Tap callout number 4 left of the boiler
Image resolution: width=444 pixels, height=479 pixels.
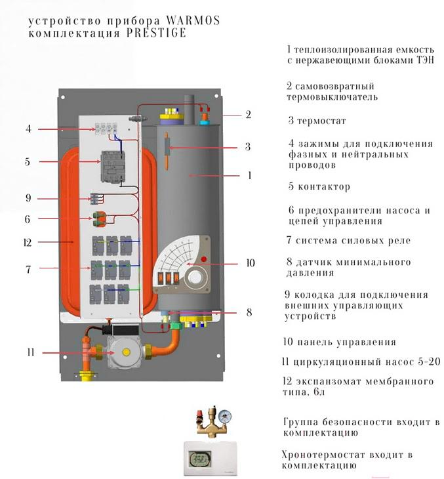tap(28, 129)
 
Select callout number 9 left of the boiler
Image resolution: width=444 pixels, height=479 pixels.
tap(28, 198)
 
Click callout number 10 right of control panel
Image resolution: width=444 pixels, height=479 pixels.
tap(250, 263)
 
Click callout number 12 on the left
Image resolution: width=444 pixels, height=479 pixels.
tap(28, 242)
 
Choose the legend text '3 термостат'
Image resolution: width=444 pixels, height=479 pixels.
tap(317, 121)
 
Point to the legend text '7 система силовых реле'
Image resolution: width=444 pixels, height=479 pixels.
tap(348, 241)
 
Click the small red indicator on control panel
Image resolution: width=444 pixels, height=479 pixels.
tap(205, 261)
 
